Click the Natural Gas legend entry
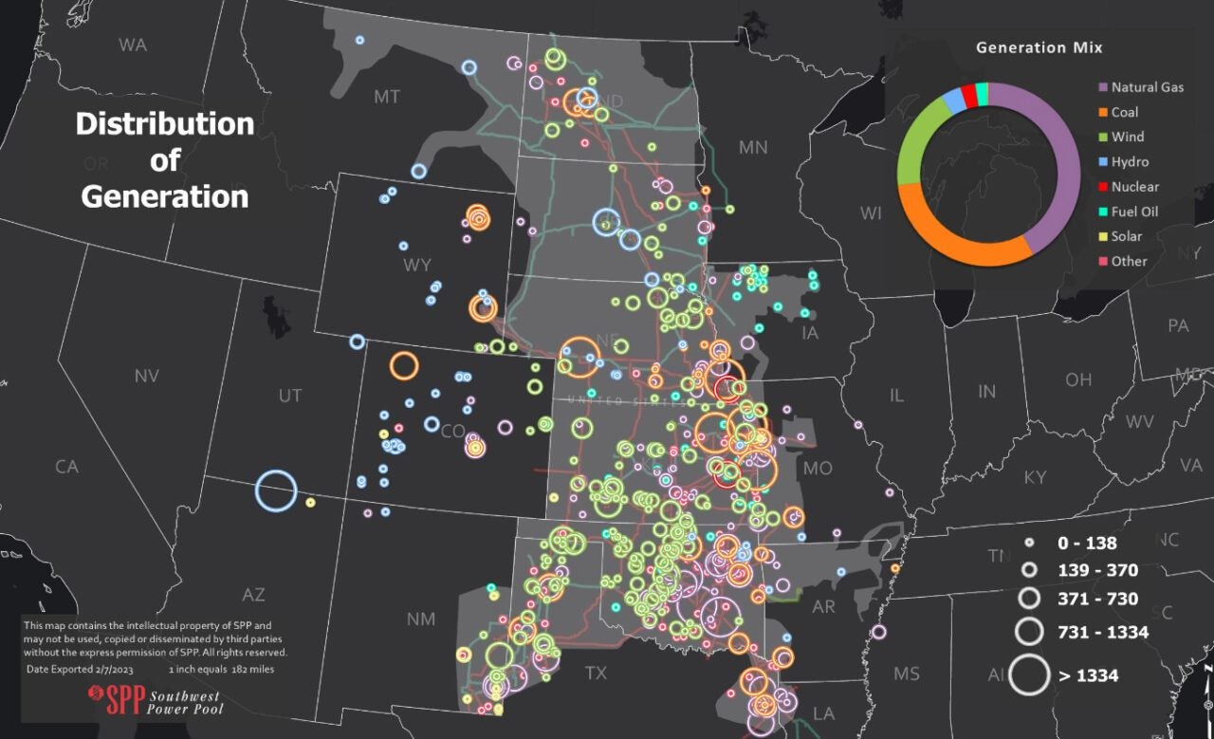pos(1147,87)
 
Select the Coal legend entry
pos(1125,112)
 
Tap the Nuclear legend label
pos(1134,187)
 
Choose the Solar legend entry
pos(1127,236)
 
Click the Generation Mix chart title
pos(1039,47)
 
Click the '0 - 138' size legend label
pos(1087,544)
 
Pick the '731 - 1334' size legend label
pos(1103,632)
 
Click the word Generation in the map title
pos(165,196)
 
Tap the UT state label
pos(290,396)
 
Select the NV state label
pos(146,377)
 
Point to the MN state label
pos(752,147)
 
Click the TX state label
pos(595,674)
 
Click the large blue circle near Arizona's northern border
pos(276,491)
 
